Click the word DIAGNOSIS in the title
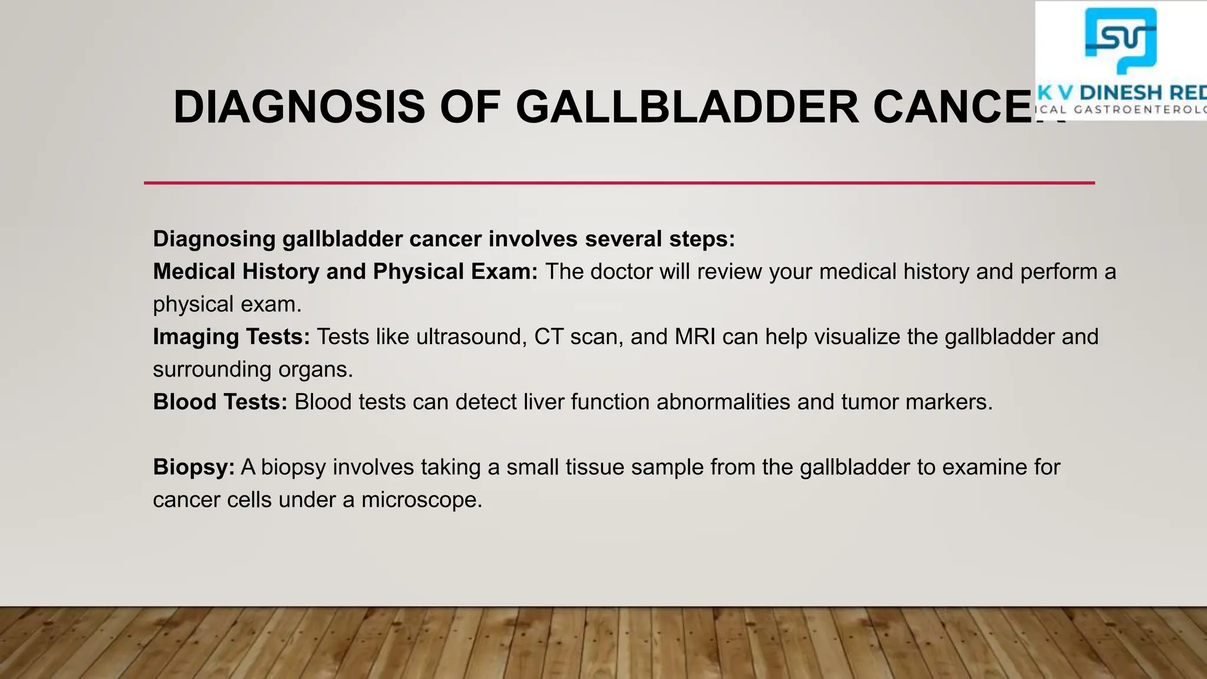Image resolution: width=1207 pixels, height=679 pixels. [299, 107]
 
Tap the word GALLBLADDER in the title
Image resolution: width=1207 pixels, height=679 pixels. [687, 107]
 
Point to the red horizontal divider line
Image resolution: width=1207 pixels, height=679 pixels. [619, 183]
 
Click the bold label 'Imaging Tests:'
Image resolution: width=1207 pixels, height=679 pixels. [231, 337]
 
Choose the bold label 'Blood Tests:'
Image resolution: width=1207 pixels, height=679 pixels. [220, 402]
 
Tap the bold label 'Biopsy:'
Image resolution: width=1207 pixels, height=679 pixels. [193, 467]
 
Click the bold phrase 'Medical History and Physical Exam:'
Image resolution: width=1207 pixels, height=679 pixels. [345, 272]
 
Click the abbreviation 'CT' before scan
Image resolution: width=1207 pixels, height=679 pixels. [549, 337]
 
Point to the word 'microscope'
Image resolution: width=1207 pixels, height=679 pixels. [421, 500]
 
